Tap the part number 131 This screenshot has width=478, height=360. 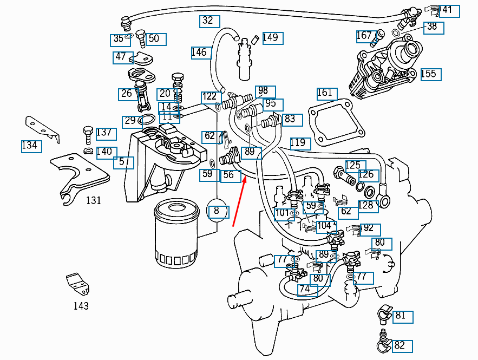94,200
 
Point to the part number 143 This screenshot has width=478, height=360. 81,306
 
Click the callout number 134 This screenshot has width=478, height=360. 31,146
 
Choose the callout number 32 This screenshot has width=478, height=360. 208,21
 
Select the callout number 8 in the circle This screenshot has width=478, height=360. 218,211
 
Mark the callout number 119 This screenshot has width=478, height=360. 299,143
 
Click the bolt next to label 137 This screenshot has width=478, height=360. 87,132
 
